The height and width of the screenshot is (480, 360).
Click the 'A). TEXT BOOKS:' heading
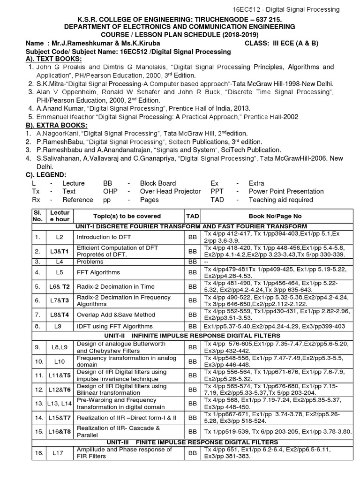[54, 59]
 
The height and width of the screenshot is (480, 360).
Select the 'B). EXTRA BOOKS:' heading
[56, 125]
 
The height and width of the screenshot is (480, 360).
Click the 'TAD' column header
[193, 216]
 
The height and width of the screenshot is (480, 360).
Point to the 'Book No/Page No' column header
[275, 216]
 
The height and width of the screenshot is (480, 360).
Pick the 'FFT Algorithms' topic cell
[98, 272]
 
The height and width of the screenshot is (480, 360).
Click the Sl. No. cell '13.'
[38, 403]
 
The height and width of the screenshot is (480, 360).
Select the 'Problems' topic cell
[90, 262]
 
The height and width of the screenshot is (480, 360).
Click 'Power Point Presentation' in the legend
[286, 191]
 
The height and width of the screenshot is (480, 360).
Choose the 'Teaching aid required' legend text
[281, 200]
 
